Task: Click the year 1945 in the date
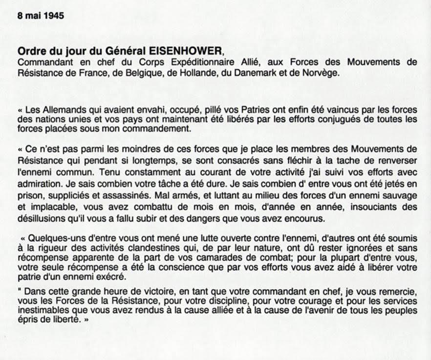click(54, 15)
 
